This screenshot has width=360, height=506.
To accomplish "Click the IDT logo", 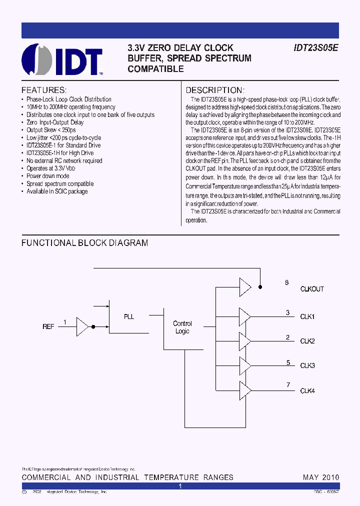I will tap(62, 59).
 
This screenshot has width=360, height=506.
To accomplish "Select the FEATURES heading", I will tap(44, 90).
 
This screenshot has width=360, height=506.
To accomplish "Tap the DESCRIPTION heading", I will tap(214, 90).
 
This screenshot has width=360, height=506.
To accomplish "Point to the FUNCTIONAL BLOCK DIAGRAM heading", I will tap(84, 243).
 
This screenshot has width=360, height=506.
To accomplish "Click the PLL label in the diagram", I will tap(129, 316).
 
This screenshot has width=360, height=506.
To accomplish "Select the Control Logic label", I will tap(182, 327).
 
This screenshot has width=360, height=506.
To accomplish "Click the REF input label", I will tap(48, 326).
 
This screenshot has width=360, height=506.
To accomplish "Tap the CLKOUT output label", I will tap(312, 289).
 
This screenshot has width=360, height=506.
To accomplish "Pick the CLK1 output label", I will tap(307, 316).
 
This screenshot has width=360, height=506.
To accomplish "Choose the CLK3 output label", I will tap(307, 365).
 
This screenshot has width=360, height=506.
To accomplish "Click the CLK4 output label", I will tap(307, 390).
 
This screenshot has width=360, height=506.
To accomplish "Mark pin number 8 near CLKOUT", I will tap(287, 283).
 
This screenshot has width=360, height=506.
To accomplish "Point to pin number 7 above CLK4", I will tap(288, 384).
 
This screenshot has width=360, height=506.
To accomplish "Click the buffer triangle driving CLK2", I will tap(245, 341).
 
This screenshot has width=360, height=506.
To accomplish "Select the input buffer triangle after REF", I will tap(82, 326).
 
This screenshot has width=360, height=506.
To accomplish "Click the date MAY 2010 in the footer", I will tap(321, 477).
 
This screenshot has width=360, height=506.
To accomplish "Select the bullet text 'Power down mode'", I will tap(48, 176).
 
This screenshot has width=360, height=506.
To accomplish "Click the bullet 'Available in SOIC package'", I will tap(57, 191).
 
